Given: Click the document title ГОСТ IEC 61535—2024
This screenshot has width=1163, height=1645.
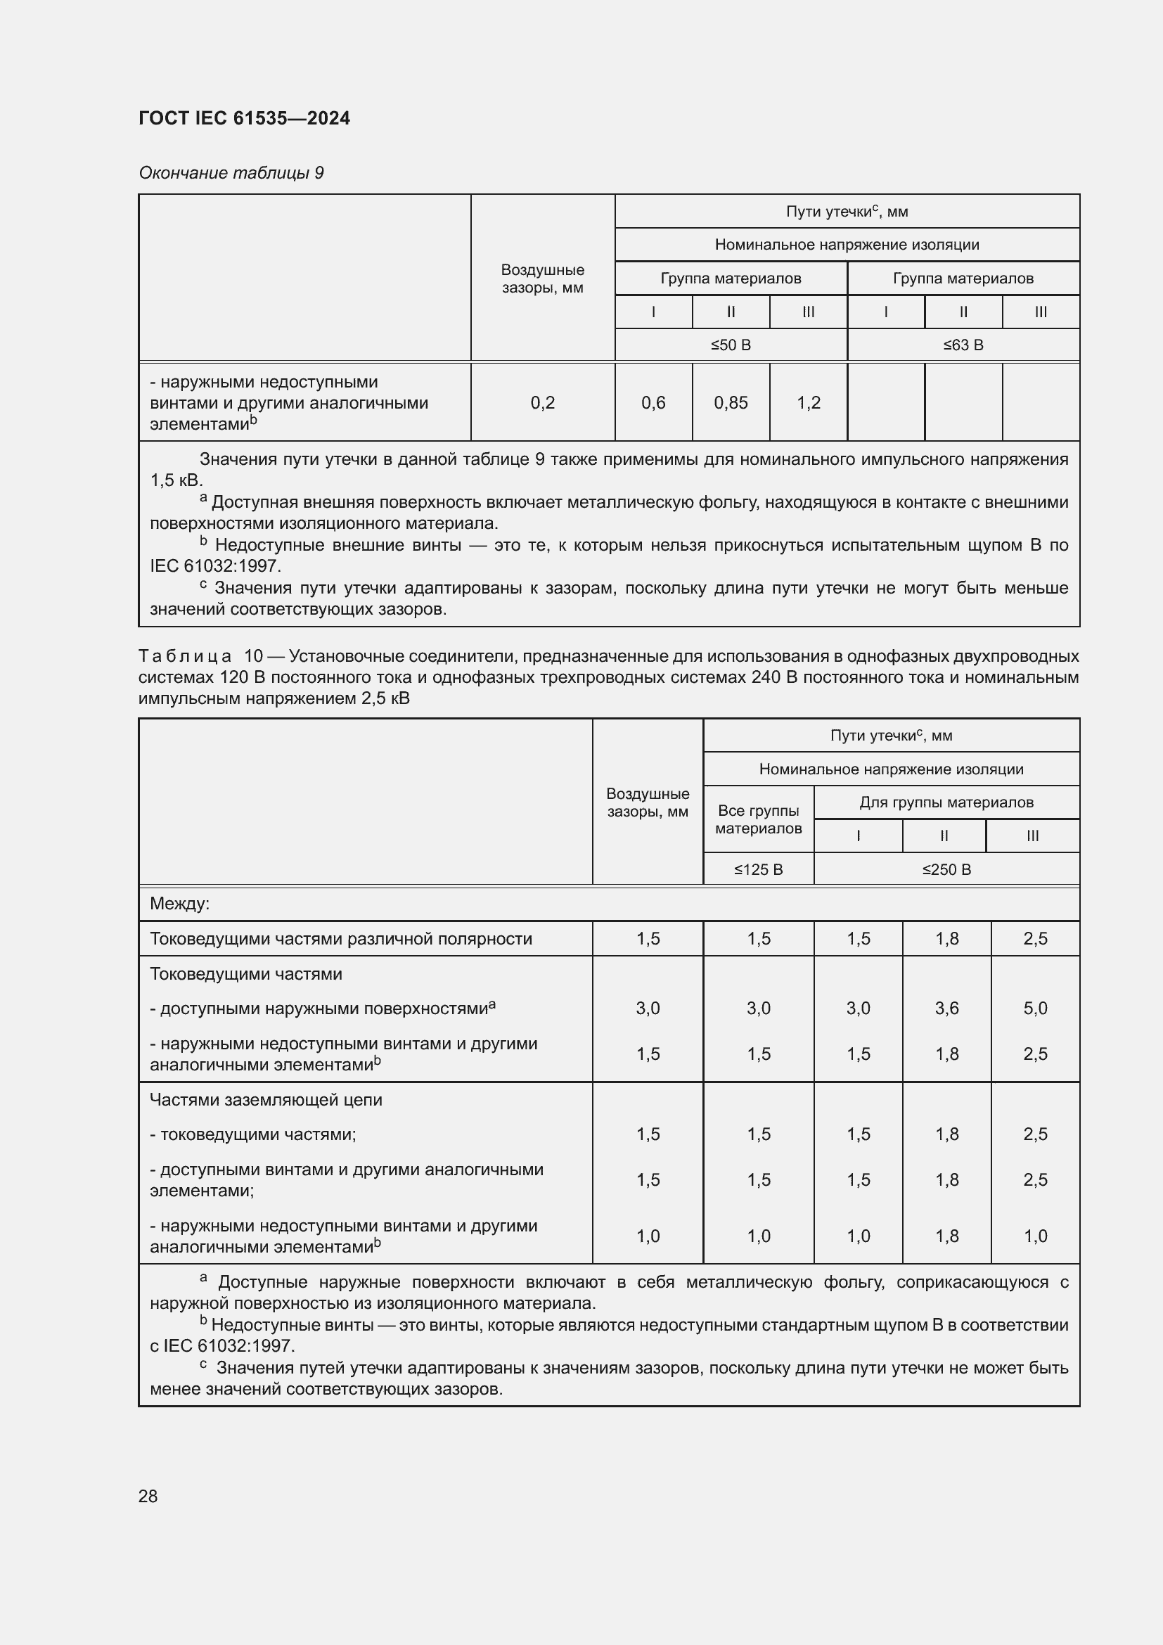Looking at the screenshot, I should tap(244, 118).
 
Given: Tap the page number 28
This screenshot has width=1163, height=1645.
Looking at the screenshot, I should tap(148, 1496).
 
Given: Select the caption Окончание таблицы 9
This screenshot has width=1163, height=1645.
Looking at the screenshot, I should tap(231, 173).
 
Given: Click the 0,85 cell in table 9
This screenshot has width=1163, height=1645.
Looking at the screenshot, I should tap(731, 403).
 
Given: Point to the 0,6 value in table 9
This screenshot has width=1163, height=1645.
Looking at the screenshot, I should tap(653, 403).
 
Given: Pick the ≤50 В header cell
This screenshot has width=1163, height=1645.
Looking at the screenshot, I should tap(731, 345).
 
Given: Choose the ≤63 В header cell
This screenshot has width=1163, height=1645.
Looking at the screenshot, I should tap(963, 345).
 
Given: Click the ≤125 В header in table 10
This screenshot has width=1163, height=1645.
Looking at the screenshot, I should tap(759, 869).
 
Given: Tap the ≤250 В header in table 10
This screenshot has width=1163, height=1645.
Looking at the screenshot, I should tap(946, 869).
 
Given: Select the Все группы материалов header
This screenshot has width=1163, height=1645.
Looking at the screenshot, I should tap(759, 819).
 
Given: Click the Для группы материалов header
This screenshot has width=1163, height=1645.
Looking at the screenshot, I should tap(946, 802).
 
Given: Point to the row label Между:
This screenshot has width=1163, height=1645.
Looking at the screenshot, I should tap(179, 904).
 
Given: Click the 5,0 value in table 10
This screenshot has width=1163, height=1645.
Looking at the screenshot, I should tap(1035, 1008).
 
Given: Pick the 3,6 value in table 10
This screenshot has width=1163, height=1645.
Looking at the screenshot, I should tap(946, 1008).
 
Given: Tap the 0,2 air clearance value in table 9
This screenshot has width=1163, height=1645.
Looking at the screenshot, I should tap(543, 403).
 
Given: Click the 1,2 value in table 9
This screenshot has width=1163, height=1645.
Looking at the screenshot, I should tap(809, 403).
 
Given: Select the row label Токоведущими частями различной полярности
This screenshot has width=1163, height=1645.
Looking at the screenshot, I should tap(341, 939).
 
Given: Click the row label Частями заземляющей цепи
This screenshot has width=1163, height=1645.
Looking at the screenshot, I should tap(266, 1100).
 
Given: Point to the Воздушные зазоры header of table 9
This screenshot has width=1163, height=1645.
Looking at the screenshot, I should tap(543, 279).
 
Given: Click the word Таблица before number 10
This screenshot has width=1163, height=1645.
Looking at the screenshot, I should tap(185, 656).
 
